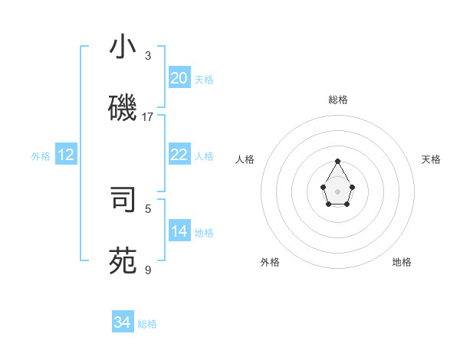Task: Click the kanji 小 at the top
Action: pos(123,47)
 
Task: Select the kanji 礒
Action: pos(123,108)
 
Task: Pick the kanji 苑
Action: pos(123,260)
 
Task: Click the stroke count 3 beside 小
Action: pos(148,56)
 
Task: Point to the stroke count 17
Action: pos(148,117)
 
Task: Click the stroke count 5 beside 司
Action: pos(148,208)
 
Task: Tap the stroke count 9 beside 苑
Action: pos(148,270)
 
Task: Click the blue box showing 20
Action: pos(179,78)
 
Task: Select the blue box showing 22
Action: pos(179,155)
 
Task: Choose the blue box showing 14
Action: pos(179,231)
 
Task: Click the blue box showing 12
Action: pos(66,155)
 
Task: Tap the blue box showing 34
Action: pos(123,322)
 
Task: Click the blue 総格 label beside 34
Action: pos(147,324)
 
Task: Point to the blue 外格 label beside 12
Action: pos(41,156)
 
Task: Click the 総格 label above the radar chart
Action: pos(338,100)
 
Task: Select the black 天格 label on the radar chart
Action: pos(431,159)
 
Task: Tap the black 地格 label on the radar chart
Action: pos(402,262)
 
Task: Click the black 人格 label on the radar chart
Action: pos(245,159)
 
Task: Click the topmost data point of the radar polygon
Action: pos(338,161)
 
